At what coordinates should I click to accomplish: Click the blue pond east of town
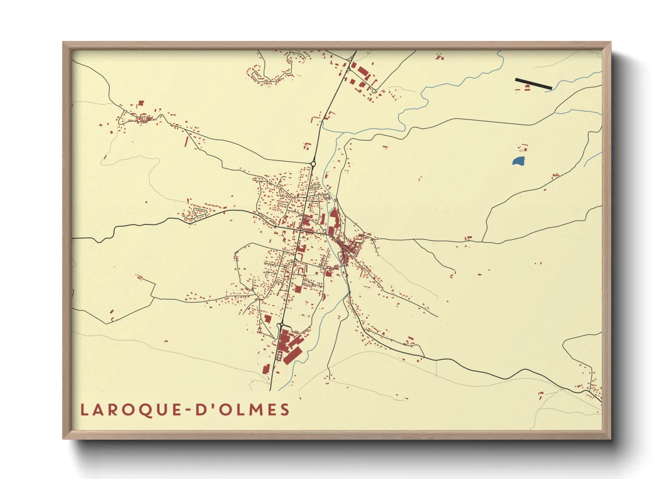point(518,161)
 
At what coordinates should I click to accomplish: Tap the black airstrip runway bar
point(533,84)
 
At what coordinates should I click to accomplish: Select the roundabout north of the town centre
point(313,164)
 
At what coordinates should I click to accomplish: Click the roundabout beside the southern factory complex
point(281,325)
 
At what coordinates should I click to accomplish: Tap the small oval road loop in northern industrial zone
point(373,91)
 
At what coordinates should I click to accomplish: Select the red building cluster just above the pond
point(522,147)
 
